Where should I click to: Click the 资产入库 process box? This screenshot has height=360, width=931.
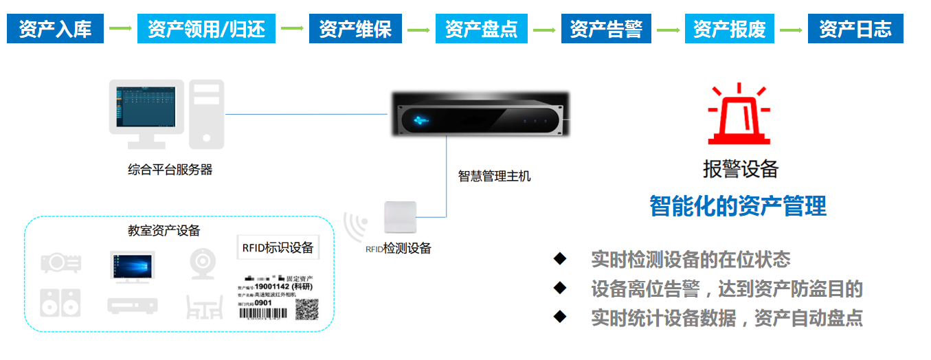[56, 29]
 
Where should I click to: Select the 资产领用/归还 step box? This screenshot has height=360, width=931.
[206, 29]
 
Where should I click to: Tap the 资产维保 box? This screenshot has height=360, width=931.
[355, 29]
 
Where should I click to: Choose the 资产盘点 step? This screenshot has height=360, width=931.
[481, 29]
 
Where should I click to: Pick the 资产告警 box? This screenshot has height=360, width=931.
[606, 29]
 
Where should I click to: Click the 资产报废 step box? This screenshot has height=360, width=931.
[729, 29]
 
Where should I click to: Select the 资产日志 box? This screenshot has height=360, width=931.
[855, 29]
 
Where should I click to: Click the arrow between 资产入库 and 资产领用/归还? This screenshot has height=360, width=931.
[120, 29]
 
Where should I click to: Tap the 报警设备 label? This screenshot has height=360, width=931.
[740, 169]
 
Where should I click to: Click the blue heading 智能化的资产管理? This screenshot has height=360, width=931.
[738, 205]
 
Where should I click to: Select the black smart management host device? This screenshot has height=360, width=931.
[480, 113]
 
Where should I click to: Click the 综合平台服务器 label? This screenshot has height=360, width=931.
[170, 170]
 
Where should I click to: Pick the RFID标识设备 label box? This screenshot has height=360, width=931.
[278, 247]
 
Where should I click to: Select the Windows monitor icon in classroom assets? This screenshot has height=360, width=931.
[133, 267]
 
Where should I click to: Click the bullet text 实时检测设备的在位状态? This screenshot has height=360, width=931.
[691, 260]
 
